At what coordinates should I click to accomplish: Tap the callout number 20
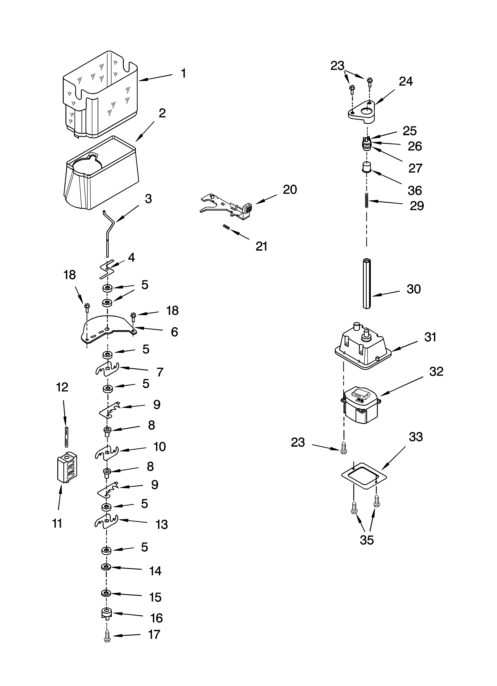290,190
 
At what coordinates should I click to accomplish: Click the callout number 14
155,571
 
